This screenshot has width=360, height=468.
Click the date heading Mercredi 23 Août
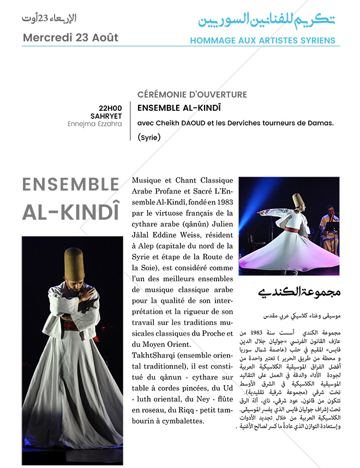[70, 38]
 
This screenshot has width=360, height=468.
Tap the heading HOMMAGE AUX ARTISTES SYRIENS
[262, 40]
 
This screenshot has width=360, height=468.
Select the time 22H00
[110, 107]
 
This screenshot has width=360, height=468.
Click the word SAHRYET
[106, 116]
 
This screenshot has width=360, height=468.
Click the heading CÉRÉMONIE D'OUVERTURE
[192, 94]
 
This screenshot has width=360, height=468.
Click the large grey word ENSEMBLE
[70, 185]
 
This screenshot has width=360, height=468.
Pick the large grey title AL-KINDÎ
[70, 213]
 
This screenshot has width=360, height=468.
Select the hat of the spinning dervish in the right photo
[297, 200]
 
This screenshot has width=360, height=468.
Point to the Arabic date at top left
[49, 19]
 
